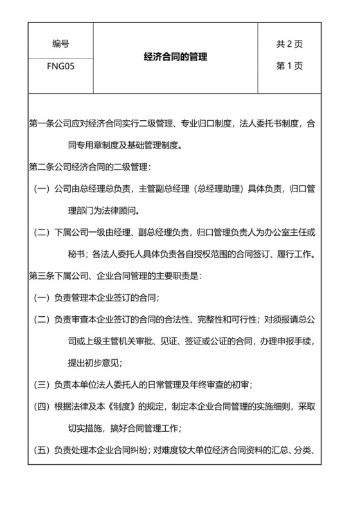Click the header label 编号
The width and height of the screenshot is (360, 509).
[x=61, y=44]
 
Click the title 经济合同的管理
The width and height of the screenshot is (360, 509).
[x=175, y=57]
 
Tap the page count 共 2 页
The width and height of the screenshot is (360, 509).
[x=289, y=44]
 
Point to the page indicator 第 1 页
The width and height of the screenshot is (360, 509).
[x=289, y=66]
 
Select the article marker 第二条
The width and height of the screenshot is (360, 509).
[x=42, y=167]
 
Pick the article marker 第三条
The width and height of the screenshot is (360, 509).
[x=42, y=276]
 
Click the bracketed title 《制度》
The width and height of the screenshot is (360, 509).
[x=129, y=407]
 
